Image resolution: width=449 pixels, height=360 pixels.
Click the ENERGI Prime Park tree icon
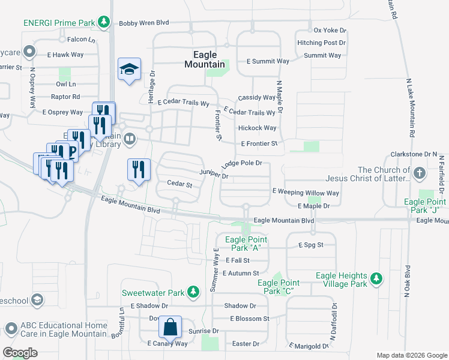(x=104, y=22)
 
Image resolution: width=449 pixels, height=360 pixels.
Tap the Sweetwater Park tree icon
(x=193, y=292)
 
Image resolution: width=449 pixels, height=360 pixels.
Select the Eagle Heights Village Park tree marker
(x=376, y=279)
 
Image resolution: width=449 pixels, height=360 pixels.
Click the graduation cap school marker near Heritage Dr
(x=129, y=70)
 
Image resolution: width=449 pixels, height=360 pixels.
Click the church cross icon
(x=420, y=174)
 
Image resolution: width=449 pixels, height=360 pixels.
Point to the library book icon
(x=131, y=140)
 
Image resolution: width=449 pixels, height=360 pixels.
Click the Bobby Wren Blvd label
(x=144, y=23)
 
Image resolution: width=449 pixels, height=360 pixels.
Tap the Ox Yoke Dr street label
(x=327, y=30)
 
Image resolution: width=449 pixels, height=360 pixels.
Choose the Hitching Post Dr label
(x=321, y=43)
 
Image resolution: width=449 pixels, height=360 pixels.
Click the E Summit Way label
(x=268, y=61)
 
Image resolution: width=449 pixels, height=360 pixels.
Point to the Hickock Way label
(x=257, y=128)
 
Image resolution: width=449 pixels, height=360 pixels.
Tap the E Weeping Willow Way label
(x=306, y=193)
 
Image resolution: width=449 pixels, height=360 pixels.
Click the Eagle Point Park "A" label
(x=245, y=244)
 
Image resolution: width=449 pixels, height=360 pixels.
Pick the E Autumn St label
(x=240, y=273)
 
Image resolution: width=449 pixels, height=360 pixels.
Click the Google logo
(x=20, y=353)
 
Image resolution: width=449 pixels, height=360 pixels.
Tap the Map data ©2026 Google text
(x=411, y=355)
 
